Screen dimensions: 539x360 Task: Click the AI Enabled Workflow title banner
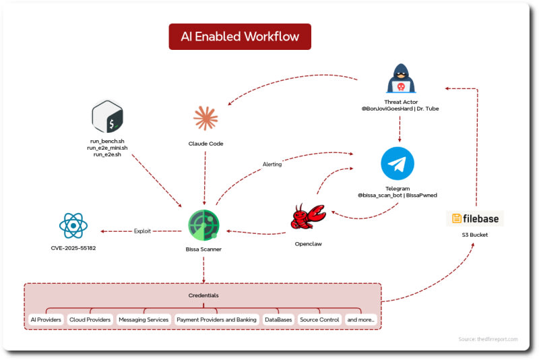[240, 37]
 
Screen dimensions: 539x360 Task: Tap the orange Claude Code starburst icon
[205, 118]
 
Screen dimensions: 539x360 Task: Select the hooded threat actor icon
[401, 78]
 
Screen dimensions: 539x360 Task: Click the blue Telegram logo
[398, 164]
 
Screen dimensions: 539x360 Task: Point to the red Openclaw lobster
[308, 216]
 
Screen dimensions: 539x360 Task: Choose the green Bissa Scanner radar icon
[204, 225]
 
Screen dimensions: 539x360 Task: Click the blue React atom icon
[73, 226]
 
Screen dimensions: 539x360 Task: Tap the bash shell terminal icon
[107, 117]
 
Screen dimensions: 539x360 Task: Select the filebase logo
[475, 218]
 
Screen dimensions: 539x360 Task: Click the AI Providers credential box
[46, 320]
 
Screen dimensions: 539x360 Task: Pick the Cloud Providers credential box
[90, 320]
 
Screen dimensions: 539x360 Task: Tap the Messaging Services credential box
[144, 320]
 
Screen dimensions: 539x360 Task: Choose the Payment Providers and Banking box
[216, 320]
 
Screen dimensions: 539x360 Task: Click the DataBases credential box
[278, 320]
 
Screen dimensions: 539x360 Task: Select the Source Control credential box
[319, 320]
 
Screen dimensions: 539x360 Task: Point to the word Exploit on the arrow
[142, 231]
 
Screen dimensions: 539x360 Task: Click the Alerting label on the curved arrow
[272, 164]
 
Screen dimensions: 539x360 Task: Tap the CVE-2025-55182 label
[73, 248]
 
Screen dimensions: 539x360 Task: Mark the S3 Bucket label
[475, 235]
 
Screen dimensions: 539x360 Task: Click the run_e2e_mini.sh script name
[107, 148]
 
